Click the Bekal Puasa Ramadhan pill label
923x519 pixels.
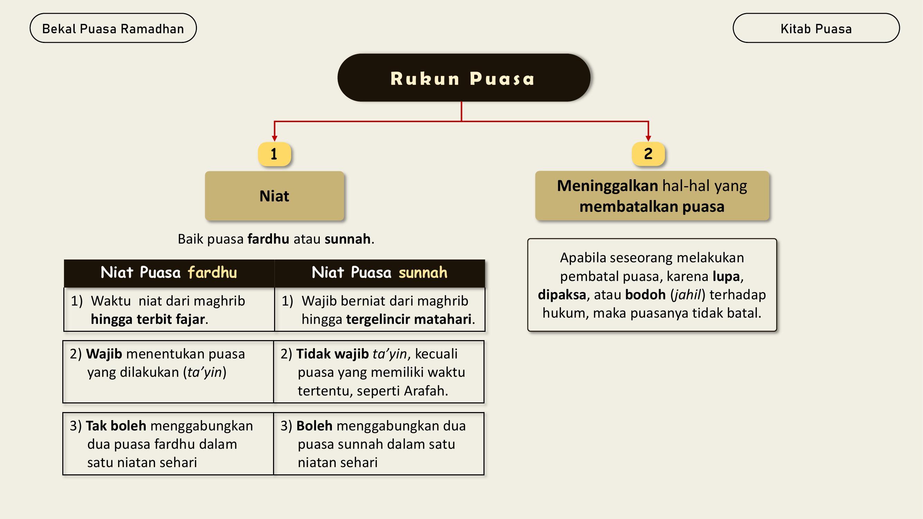click(113, 28)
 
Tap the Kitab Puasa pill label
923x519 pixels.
click(816, 28)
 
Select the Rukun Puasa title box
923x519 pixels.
click(464, 78)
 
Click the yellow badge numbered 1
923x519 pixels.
click(274, 154)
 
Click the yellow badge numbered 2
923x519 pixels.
click(648, 154)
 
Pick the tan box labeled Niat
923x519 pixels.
click(274, 195)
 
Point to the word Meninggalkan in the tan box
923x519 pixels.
click(607, 186)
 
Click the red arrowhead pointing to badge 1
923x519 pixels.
click(274, 139)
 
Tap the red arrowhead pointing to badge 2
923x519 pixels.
click(648, 139)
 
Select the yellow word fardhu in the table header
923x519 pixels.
click(212, 273)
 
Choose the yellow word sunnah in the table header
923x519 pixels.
click(423, 273)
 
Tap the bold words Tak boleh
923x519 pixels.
click(116, 426)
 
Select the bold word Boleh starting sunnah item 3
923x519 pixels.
click(314, 426)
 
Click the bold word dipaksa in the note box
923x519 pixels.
click(562, 295)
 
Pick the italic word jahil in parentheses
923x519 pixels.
click(687, 295)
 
